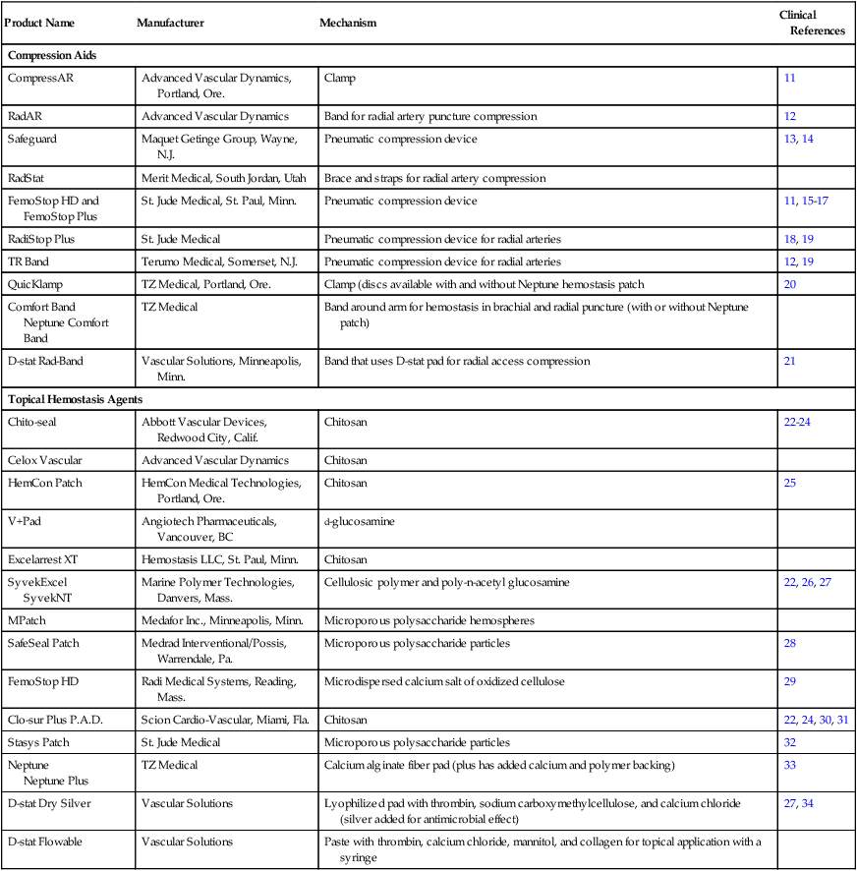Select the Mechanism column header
(x=348, y=23)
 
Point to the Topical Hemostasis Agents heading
(x=76, y=399)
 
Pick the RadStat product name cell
(x=28, y=178)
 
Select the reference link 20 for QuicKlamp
(x=790, y=284)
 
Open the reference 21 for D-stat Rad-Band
(x=790, y=361)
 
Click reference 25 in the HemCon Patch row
(x=790, y=483)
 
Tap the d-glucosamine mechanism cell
(x=359, y=521)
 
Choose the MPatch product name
(x=28, y=621)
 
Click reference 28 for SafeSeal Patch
(x=790, y=642)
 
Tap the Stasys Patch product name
(x=38, y=741)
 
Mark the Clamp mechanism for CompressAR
(x=339, y=77)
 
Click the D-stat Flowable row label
(x=45, y=842)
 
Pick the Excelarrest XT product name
(x=42, y=559)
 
